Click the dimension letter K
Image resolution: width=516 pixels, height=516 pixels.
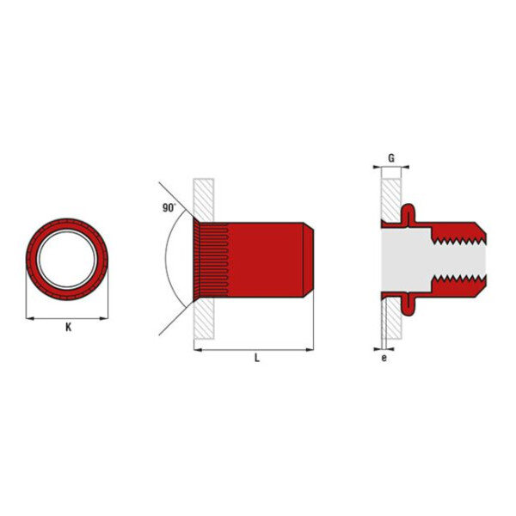(x=69, y=328)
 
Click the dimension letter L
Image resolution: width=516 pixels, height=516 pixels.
(x=257, y=358)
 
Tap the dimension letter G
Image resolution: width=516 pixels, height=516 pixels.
(x=391, y=158)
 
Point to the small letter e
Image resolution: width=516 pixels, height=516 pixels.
(x=384, y=358)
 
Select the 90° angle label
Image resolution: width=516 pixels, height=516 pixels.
(x=169, y=207)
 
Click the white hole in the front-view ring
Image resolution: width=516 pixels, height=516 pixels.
(x=67, y=260)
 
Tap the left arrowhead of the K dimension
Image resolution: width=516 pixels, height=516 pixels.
(x=29, y=318)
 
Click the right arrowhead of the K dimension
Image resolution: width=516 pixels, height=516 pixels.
(x=104, y=318)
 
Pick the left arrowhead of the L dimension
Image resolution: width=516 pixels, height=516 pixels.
(x=198, y=349)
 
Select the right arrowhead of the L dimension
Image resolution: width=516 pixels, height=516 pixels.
(x=310, y=349)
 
